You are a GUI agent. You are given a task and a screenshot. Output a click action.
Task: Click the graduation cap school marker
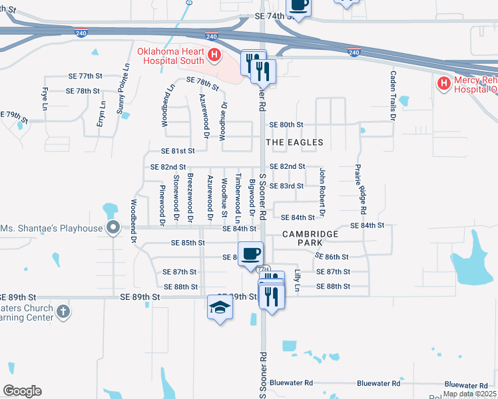coord(220,308)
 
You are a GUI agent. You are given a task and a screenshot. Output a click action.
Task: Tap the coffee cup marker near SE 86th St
coord(250,254)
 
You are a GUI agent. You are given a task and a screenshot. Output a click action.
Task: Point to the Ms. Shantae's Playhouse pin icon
coord(113,228)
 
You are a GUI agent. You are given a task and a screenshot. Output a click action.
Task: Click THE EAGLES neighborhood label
coord(294,142)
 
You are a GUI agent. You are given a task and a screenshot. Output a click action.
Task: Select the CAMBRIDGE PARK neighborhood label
coord(310,239)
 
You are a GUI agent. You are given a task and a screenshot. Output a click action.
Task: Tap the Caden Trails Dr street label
coord(393,96)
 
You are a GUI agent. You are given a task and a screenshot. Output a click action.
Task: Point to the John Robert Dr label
coord(322,192)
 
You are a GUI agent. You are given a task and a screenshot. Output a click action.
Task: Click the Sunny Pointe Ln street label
coord(123,88)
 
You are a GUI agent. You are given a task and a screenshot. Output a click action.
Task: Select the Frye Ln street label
coord(45,98)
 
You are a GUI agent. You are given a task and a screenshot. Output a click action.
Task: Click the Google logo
coord(22,391)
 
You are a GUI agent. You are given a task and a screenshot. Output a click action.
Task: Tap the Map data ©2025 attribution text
coord(469,394)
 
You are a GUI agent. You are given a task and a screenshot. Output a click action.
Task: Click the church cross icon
coord(63,311)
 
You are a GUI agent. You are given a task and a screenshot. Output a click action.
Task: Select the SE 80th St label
coord(286,124)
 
